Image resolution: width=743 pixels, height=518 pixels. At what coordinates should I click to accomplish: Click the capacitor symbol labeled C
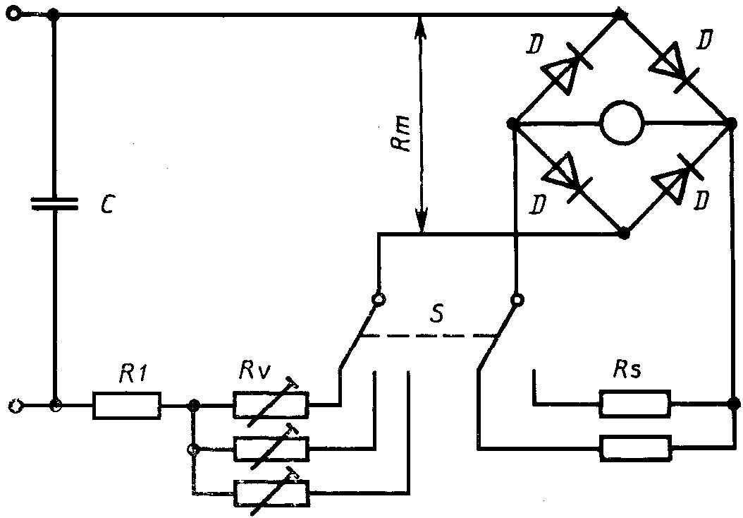tap(54, 203)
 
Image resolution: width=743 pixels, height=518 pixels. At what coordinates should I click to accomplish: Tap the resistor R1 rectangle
tap(126, 405)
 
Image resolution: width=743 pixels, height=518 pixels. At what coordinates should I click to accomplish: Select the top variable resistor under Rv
tap(271, 404)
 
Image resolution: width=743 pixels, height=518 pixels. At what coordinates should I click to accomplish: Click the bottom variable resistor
tap(271, 493)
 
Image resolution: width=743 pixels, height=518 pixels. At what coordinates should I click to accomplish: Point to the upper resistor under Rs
tap(635, 404)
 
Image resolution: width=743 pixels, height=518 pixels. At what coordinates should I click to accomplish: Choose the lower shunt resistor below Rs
tap(635, 448)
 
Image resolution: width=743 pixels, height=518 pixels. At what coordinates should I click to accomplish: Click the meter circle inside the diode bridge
tap(622, 122)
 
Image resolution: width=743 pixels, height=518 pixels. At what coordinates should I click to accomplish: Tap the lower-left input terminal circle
tap(16, 406)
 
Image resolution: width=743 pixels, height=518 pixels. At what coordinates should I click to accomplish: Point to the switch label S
tap(437, 313)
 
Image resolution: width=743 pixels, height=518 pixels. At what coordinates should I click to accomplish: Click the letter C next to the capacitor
tap(108, 204)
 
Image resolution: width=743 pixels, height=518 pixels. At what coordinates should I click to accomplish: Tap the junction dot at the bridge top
tap(620, 15)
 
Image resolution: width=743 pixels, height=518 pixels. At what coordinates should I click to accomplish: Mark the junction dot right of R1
tap(193, 406)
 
